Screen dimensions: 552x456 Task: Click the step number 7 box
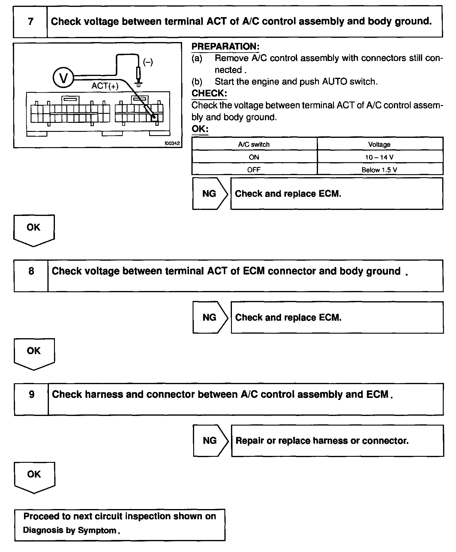click(30, 22)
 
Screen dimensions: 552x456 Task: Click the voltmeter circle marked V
click(63, 78)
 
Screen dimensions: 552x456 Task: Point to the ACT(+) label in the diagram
click(105, 86)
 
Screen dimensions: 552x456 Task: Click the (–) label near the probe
click(148, 62)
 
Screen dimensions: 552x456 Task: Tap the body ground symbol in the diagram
click(138, 83)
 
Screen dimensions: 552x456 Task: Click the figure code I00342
click(172, 143)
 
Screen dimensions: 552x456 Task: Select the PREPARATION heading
click(225, 47)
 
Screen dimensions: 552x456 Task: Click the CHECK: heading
click(209, 93)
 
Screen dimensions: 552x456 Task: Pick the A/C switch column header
click(254, 144)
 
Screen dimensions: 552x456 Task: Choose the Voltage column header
click(379, 144)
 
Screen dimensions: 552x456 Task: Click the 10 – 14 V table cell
click(379, 157)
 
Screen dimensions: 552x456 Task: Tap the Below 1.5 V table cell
click(379, 170)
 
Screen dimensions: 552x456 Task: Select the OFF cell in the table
click(254, 170)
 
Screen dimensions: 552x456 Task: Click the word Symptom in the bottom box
click(97, 530)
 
